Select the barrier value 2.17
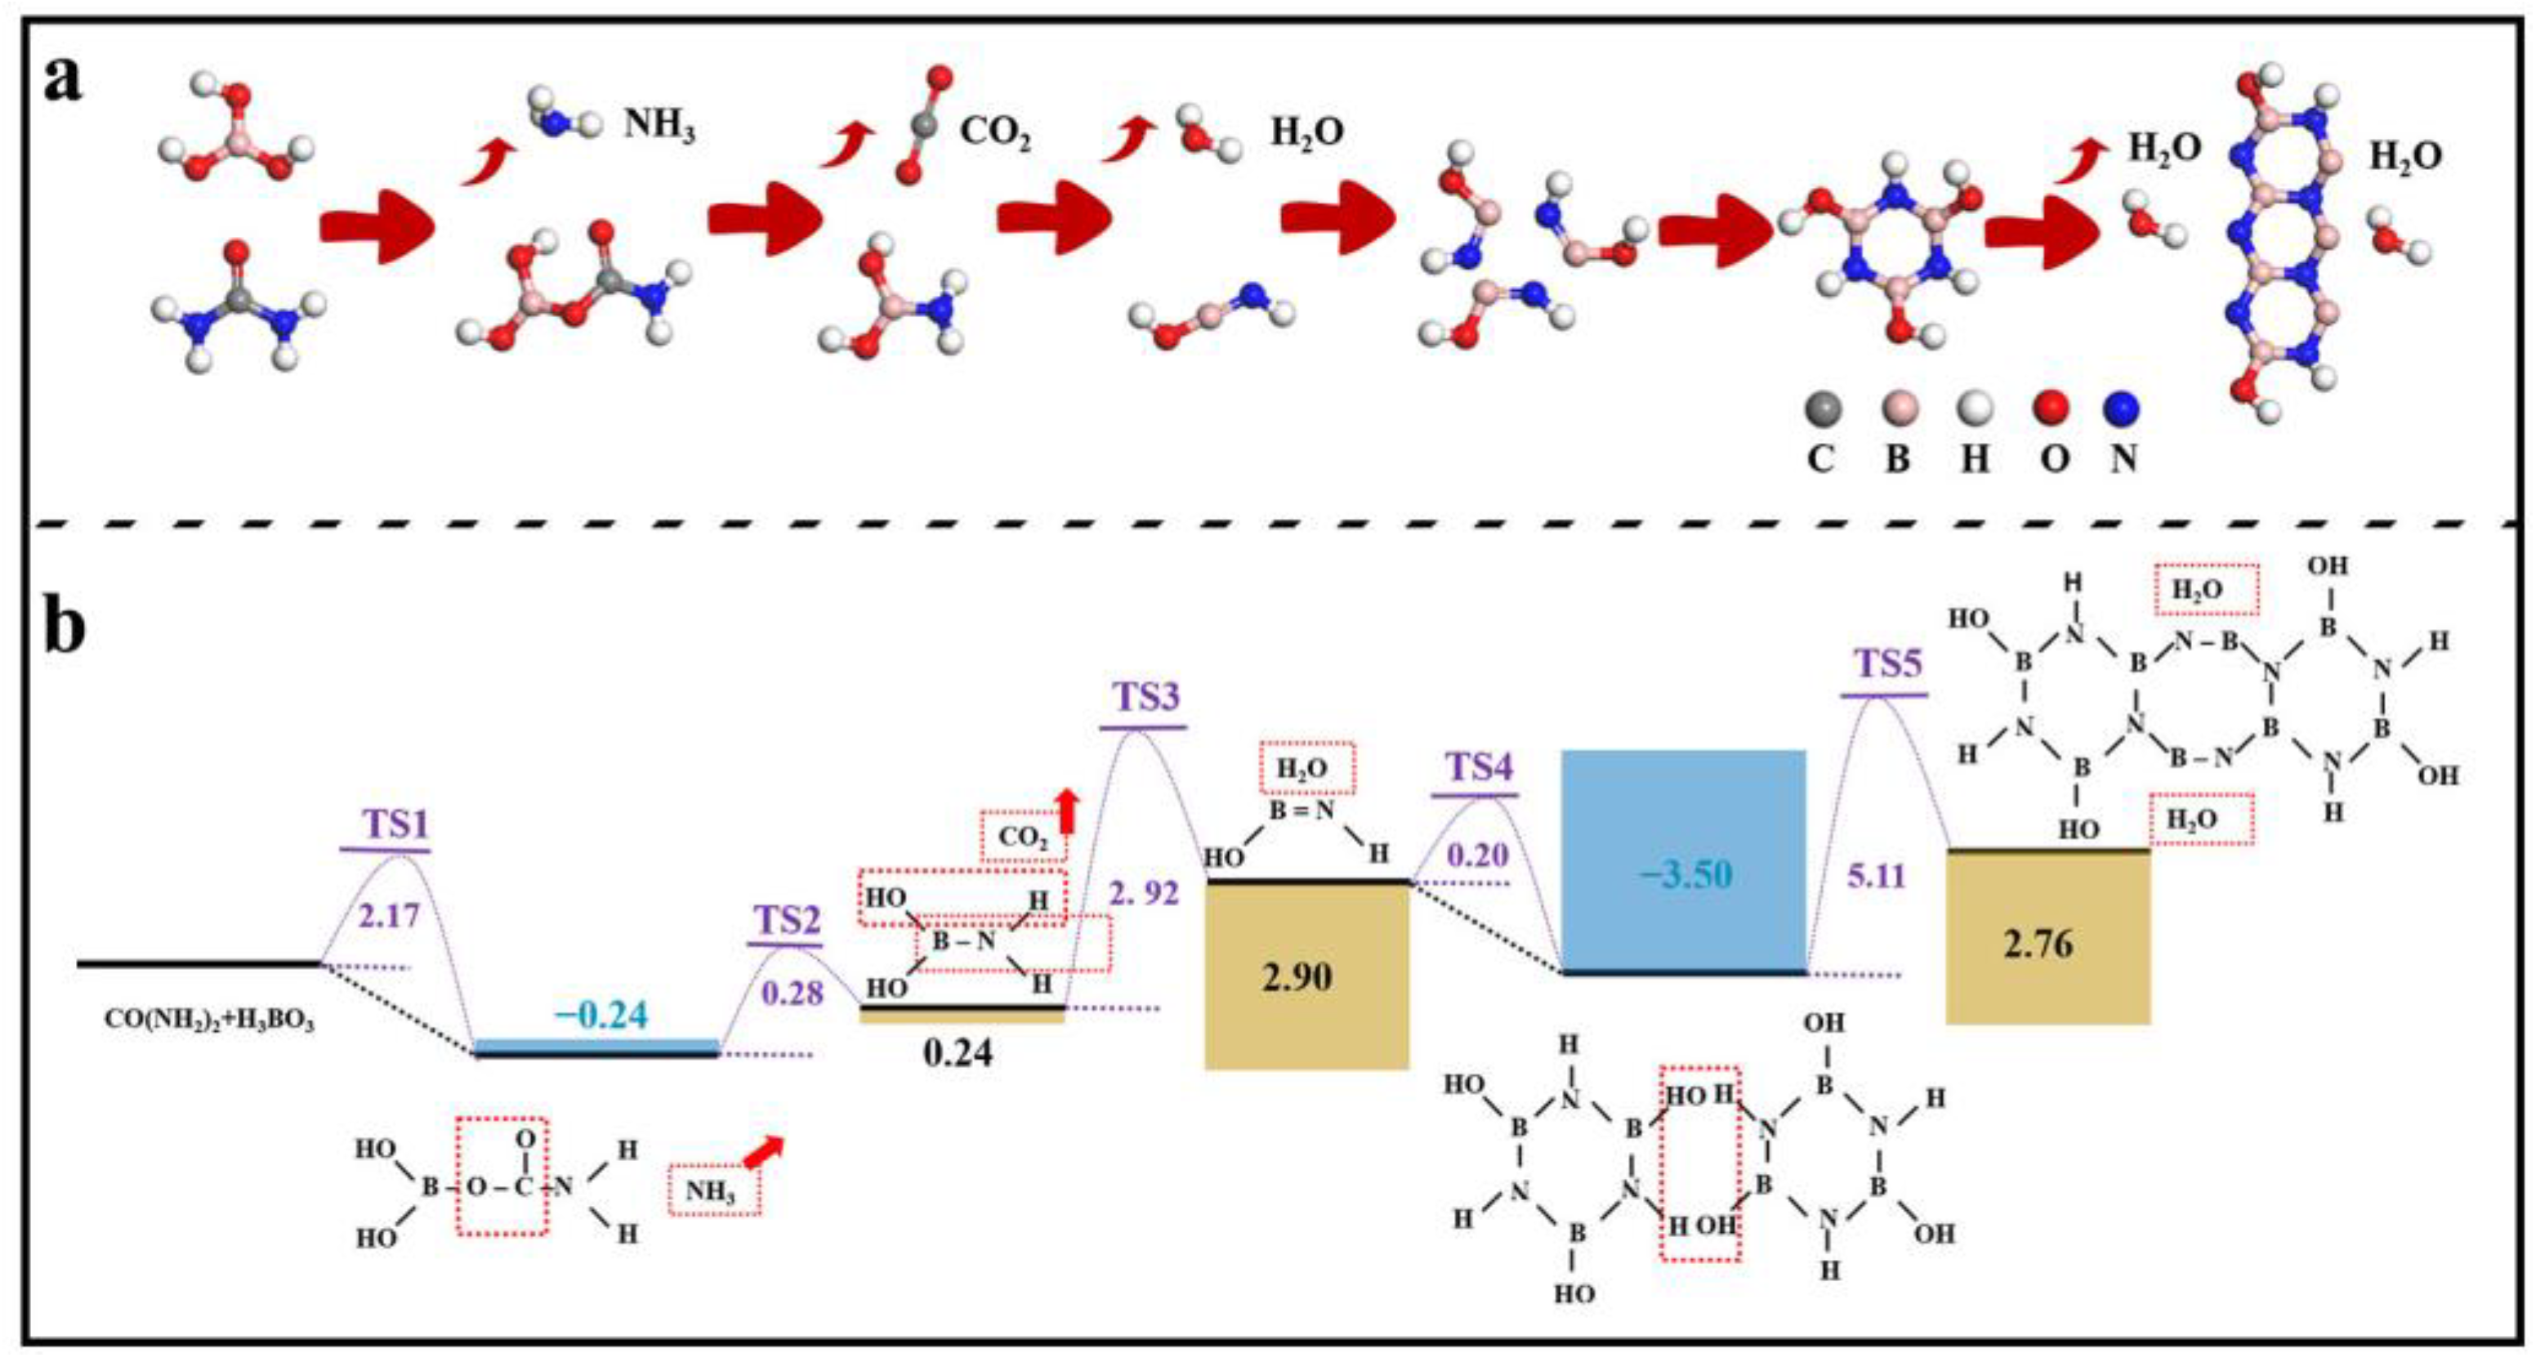[389, 917]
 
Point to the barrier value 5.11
[1875, 875]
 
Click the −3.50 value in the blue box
[1686, 875]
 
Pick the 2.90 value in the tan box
[1297, 977]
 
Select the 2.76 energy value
[2038, 945]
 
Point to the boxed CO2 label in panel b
[1023, 837]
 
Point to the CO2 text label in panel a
[995, 132]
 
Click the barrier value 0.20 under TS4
[1478, 855]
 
